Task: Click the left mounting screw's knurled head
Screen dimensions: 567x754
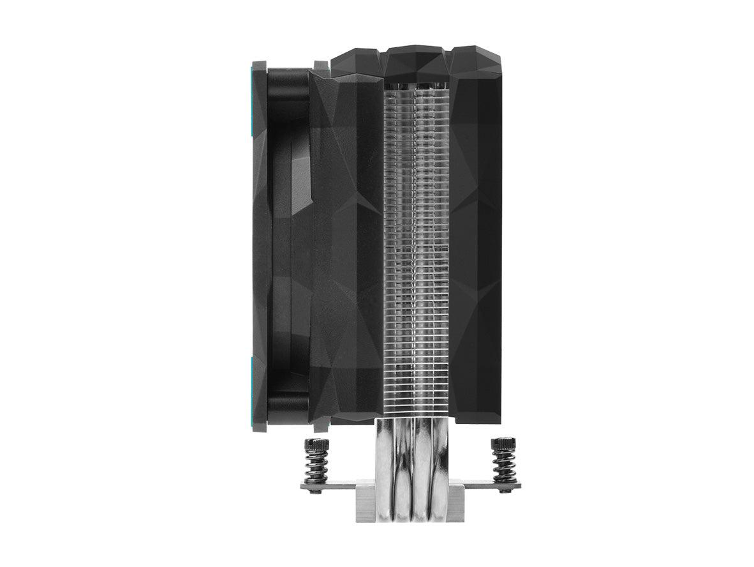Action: (x=316, y=444)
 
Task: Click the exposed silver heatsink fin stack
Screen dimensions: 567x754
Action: (x=418, y=255)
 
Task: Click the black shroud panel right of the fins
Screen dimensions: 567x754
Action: (x=476, y=255)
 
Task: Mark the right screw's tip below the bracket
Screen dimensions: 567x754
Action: (x=504, y=490)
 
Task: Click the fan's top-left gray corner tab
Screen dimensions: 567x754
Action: (x=259, y=66)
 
